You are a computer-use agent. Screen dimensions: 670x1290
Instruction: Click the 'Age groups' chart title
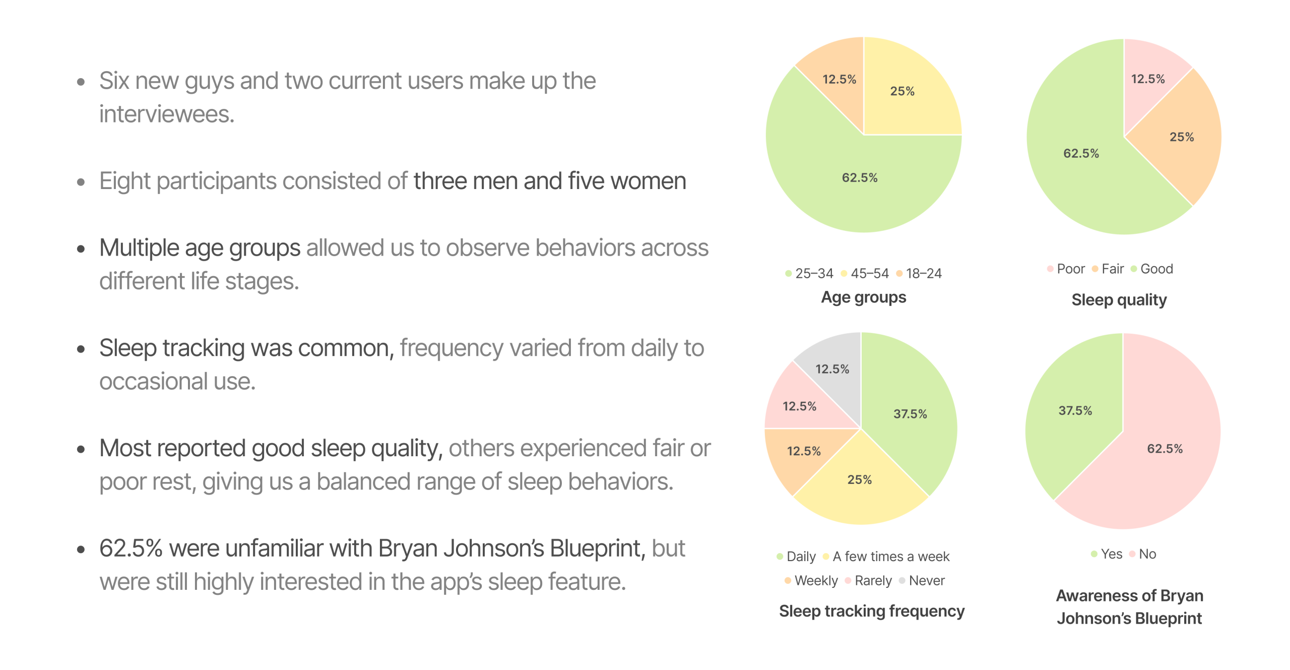[863, 297]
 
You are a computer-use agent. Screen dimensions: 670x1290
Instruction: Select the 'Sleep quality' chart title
[1119, 299]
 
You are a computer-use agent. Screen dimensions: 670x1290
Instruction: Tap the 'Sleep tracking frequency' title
[871, 611]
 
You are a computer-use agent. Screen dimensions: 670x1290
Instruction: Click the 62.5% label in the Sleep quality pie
[1081, 153]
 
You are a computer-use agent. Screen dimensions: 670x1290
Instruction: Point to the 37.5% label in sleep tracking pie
[910, 414]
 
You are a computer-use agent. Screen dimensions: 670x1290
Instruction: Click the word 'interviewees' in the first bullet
[166, 114]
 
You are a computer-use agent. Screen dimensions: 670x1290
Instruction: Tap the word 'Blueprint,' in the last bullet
[597, 548]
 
